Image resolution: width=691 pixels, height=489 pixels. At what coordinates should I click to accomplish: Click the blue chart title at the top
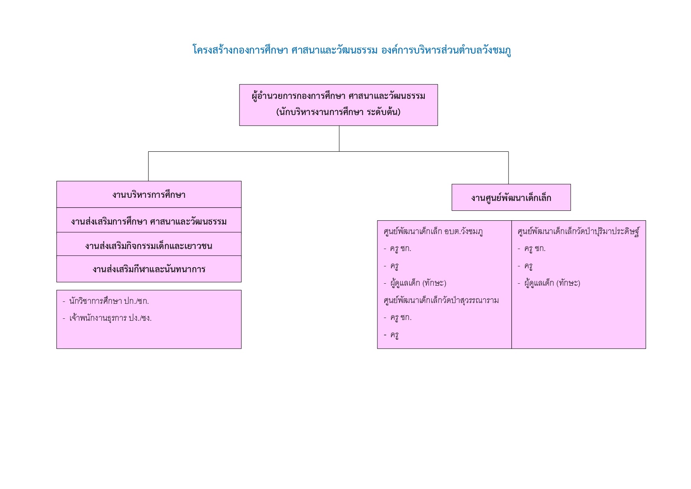point(351,50)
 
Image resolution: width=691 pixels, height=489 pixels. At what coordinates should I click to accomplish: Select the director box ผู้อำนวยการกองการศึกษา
point(338,105)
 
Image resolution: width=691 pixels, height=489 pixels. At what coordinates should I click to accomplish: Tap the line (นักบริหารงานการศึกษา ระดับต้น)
point(338,112)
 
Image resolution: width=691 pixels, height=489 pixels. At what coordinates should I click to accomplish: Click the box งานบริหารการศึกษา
point(149,194)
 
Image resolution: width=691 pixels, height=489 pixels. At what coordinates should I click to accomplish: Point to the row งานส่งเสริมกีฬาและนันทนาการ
point(149,269)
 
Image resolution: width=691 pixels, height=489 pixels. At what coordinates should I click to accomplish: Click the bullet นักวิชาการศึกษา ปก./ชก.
point(106,301)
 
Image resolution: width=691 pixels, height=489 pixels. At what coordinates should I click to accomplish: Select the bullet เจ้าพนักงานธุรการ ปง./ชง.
point(107,318)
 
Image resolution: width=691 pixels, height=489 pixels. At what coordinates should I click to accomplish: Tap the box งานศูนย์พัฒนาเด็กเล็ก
point(511,197)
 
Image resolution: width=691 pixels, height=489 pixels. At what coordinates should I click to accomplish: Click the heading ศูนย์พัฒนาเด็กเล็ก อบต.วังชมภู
point(433,232)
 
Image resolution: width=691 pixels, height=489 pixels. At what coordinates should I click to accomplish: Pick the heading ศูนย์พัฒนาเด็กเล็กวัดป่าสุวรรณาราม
point(441,301)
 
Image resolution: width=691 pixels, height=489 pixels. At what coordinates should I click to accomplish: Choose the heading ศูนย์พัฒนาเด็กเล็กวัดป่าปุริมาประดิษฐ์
point(579,231)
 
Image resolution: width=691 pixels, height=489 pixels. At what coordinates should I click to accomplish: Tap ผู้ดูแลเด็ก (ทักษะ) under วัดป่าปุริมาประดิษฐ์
point(549,283)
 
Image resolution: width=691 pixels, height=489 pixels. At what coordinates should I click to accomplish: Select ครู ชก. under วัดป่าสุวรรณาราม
point(398,318)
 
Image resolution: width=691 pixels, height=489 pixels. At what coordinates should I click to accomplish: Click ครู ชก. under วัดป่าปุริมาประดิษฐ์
point(531,249)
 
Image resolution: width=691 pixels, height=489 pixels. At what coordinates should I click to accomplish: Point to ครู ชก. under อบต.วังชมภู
point(398,249)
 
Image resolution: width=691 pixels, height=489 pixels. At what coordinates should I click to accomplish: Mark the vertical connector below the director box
point(339,139)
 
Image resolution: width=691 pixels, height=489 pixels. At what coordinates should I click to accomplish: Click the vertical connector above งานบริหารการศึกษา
point(149,166)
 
